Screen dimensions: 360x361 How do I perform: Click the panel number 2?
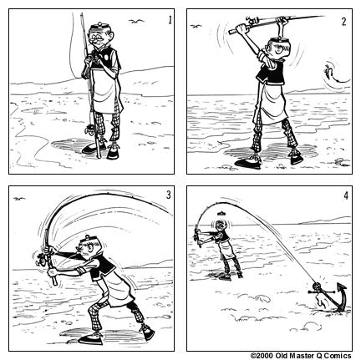(343, 23)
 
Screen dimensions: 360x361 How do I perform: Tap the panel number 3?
(168, 195)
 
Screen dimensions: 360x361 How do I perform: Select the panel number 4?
(344, 196)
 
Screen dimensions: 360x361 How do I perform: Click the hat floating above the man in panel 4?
(221, 214)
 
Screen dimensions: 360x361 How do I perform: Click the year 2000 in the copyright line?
(267, 355)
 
